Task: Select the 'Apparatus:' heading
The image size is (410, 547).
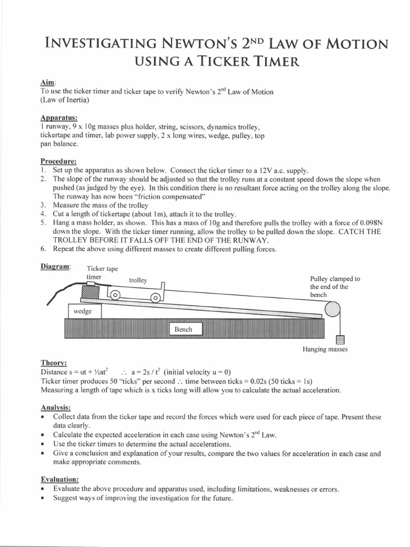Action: tap(59, 118)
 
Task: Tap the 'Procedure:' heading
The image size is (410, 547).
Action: tap(59, 161)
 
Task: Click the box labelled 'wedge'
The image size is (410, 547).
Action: tap(82, 311)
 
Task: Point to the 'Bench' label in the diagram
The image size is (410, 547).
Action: tap(183, 329)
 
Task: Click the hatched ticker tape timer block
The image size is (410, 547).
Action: tap(91, 292)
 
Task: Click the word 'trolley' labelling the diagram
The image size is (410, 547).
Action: tap(138, 280)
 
